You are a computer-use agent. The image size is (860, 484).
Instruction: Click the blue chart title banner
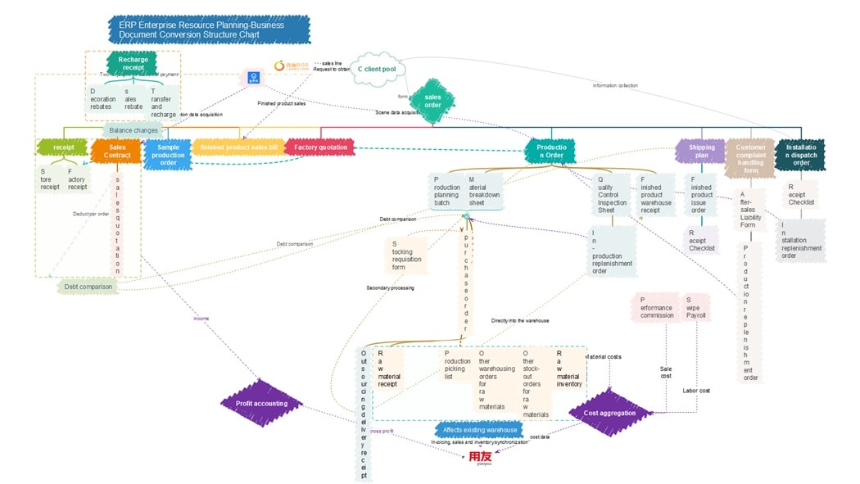pyautogui.click(x=209, y=30)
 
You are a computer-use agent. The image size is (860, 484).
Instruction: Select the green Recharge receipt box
pyautogui.click(x=133, y=64)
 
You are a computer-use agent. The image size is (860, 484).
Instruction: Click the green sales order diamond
pyautogui.click(x=432, y=102)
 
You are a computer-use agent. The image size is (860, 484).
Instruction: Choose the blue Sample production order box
pyautogui.click(x=167, y=154)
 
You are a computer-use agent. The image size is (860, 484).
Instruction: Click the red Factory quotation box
pyautogui.click(x=320, y=147)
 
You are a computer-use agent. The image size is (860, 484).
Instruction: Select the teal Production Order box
pyautogui.click(x=550, y=151)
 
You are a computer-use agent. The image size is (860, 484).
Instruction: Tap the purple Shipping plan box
pyautogui.click(x=700, y=152)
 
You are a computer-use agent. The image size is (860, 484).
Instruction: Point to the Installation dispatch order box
pyautogui.click(x=800, y=154)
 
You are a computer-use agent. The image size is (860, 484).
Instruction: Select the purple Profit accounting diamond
pyautogui.click(x=261, y=403)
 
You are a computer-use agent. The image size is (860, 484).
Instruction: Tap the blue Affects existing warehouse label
pyautogui.click(x=480, y=429)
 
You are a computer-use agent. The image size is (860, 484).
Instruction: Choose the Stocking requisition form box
pyautogui.click(x=406, y=256)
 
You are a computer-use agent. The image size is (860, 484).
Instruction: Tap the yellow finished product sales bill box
pyautogui.click(x=238, y=147)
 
